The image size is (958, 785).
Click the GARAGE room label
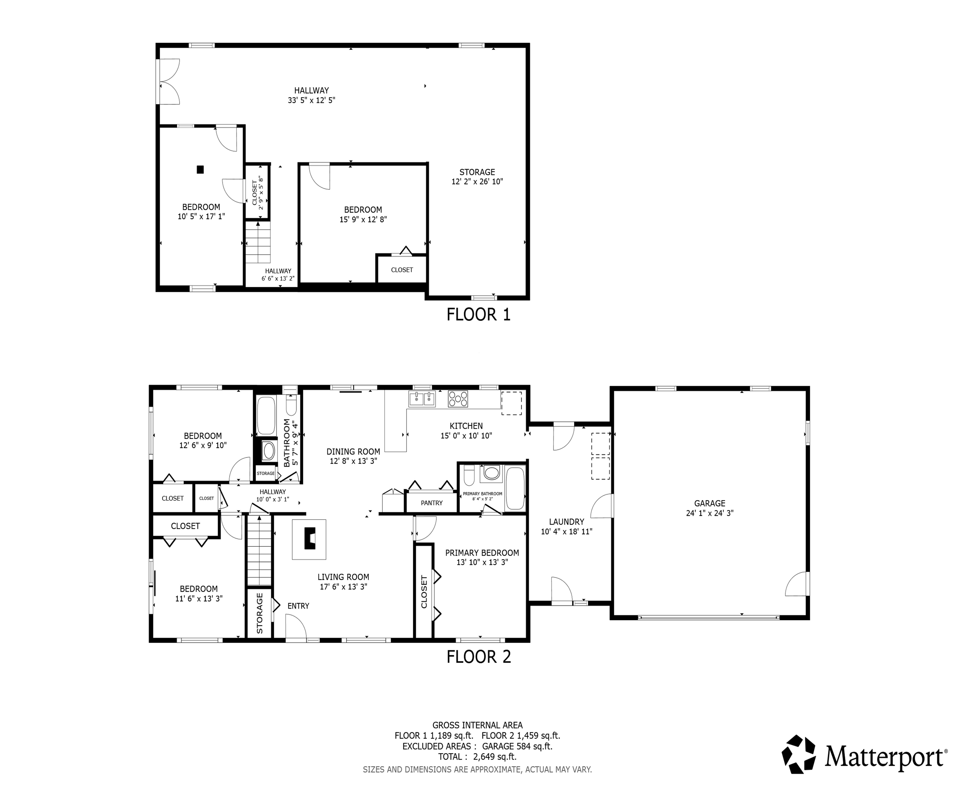pyautogui.click(x=709, y=503)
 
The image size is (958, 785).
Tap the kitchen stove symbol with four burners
pyautogui.click(x=458, y=399)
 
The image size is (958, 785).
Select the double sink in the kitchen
pyautogui.click(x=422, y=399)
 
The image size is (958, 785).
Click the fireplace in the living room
pyautogui.click(x=309, y=539)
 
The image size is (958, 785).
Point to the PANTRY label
pyautogui.click(x=431, y=503)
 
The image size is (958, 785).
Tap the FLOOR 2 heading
pyautogui.click(x=478, y=657)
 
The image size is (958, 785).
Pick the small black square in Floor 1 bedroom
pyautogui.click(x=200, y=170)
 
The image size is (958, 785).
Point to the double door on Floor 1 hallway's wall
pyautogui.click(x=168, y=82)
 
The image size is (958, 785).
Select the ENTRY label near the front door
pyautogui.click(x=298, y=606)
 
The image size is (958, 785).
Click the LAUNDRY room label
pyautogui.click(x=567, y=521)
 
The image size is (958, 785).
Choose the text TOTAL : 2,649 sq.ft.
pyautogui.click(x=477, y=756)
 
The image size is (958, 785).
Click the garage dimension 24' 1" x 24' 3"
pyautogui.click(x=709, y=513)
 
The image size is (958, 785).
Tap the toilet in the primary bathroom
pyautogui.click(x=468, y=476)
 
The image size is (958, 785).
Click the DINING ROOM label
pyautogui.click(x=353, y=451)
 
